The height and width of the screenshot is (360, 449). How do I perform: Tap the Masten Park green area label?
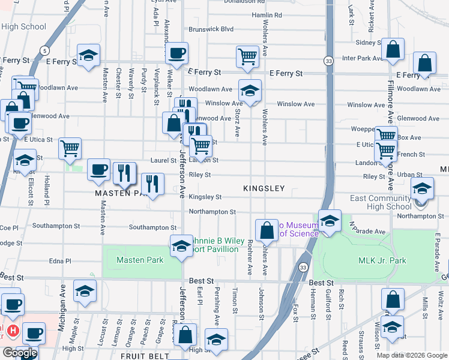click(x=140, y=260)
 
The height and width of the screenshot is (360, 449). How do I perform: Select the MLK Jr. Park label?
click(x=382, y=260)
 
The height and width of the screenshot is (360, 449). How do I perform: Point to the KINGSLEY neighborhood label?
click(x=264, y=188)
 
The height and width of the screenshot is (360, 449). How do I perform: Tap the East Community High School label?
click(x=381, y=203)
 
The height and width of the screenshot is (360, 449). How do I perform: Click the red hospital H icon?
click(x=12, y=331)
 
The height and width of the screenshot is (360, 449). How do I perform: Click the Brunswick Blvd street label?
click(x=210, y=28)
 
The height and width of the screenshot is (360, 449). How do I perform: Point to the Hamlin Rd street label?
click(x=267, y=14)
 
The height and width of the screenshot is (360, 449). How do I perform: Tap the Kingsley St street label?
click(x=205, y=197)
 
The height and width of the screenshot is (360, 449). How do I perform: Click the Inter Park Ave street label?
click(x=363, y=58)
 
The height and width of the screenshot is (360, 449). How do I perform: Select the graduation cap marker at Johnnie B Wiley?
click(x=181, y=246)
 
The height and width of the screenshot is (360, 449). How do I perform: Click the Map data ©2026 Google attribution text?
click(x=412, y=355)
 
